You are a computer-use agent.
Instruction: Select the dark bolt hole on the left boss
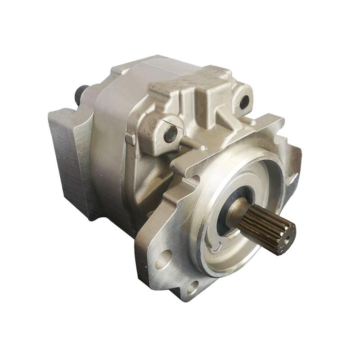coord(170,134)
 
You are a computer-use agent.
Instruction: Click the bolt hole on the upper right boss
coord(244,102)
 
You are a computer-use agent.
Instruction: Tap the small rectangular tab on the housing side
coord(130,138)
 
